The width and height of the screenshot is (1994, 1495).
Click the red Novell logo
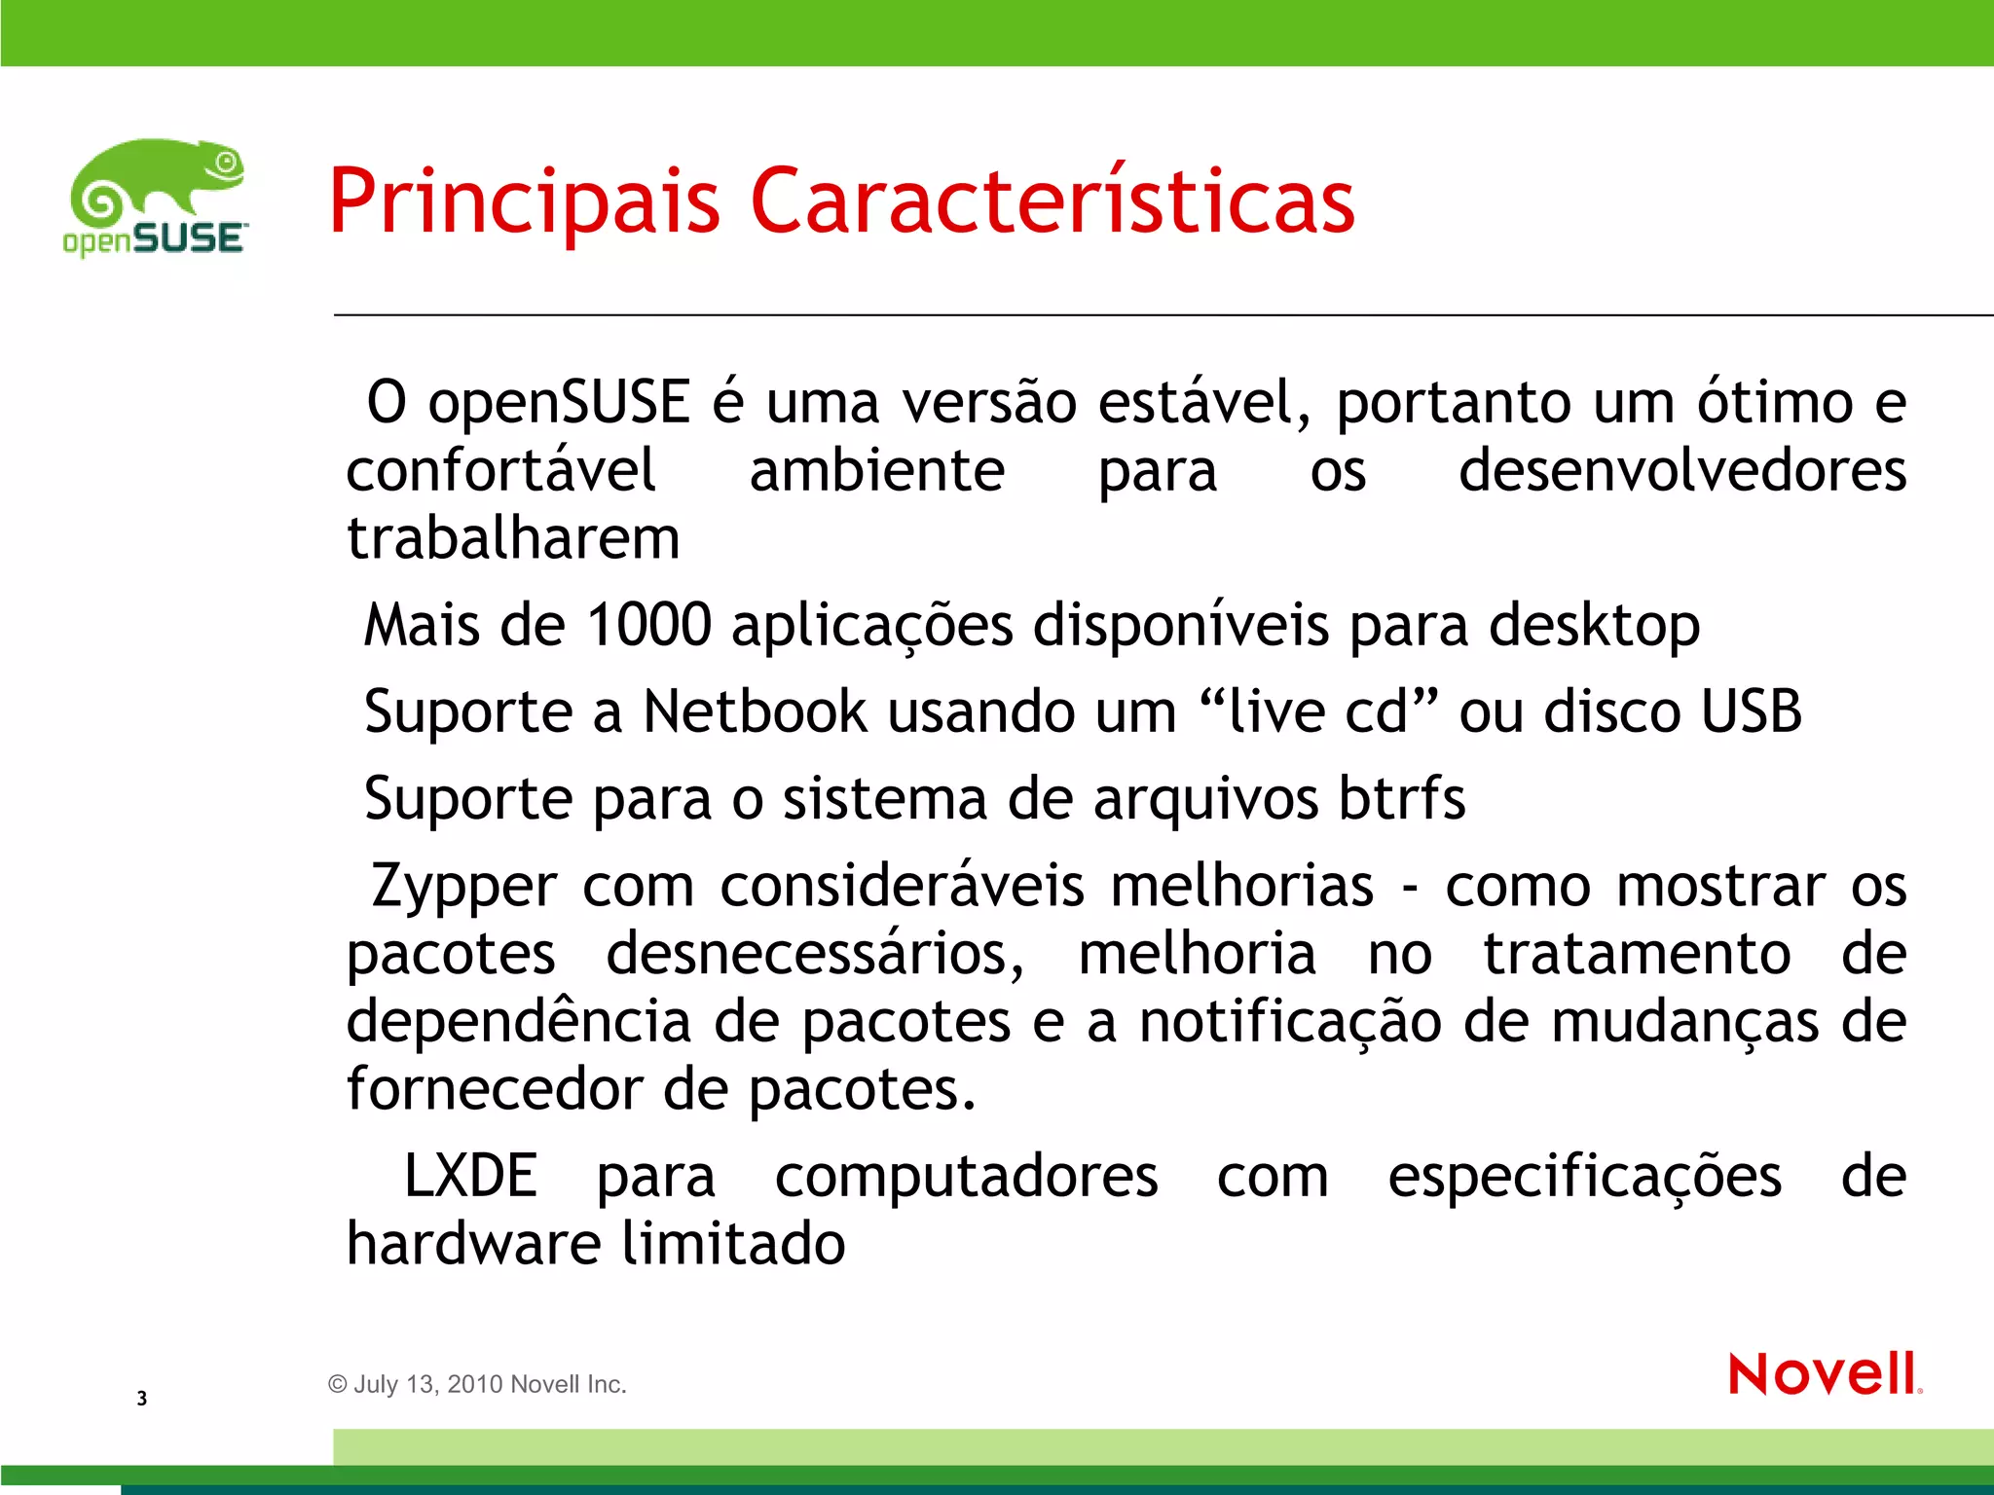pos(1824,1373)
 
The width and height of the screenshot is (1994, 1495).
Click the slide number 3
pos(142,1399)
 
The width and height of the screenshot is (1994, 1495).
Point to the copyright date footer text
pos(477,1384)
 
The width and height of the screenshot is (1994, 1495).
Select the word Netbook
pos(755,711)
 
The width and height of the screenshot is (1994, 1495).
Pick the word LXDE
pos(470,1176)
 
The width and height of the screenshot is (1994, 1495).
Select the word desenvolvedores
pos(1681,471)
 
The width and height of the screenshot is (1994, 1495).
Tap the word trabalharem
pos(513,538)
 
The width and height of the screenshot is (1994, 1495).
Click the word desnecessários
pos(815,954)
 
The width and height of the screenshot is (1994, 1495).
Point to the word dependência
pos(518,1022)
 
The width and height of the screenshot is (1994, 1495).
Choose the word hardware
pos(472,1244)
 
